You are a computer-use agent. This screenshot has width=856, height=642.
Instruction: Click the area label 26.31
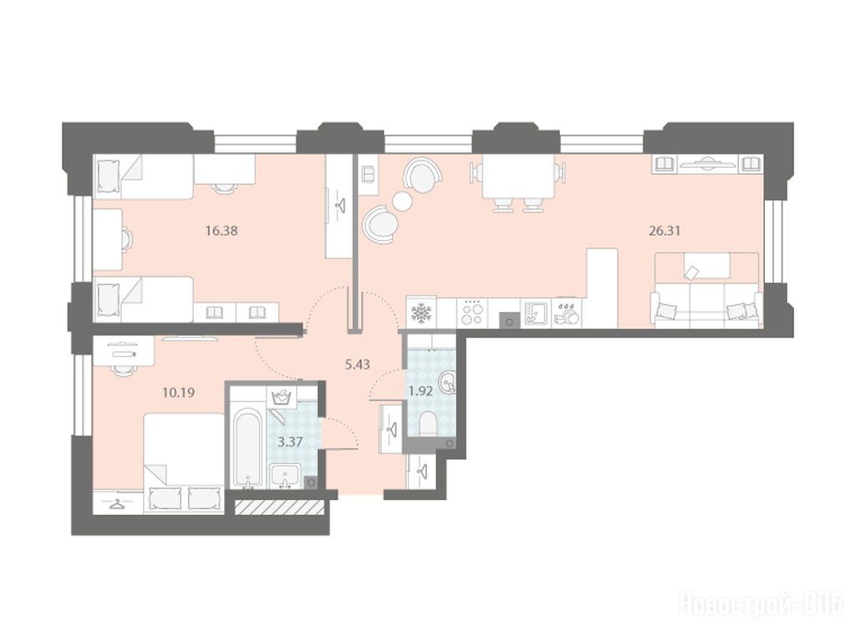665,231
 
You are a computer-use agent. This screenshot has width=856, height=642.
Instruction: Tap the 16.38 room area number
222,231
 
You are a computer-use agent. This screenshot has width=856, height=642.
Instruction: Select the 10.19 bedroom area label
179,393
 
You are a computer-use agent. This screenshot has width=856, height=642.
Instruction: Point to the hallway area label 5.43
358,364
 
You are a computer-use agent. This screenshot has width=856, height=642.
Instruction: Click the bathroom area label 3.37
290,441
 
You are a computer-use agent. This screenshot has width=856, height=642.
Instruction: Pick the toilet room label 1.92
421,390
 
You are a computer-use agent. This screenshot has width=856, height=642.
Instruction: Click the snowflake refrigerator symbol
421,313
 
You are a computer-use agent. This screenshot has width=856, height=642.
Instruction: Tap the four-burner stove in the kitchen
472,313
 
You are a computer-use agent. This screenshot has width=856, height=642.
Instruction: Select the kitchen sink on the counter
534,313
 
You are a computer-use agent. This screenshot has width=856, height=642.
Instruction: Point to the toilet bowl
428,424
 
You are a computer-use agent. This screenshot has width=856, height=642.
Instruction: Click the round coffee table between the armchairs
402,201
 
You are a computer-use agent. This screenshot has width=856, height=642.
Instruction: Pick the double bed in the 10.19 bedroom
184,463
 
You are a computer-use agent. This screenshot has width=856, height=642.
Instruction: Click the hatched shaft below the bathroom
280,506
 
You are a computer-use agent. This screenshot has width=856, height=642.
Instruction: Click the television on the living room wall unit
707,161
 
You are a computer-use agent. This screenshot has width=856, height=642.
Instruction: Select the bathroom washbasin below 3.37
285,475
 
